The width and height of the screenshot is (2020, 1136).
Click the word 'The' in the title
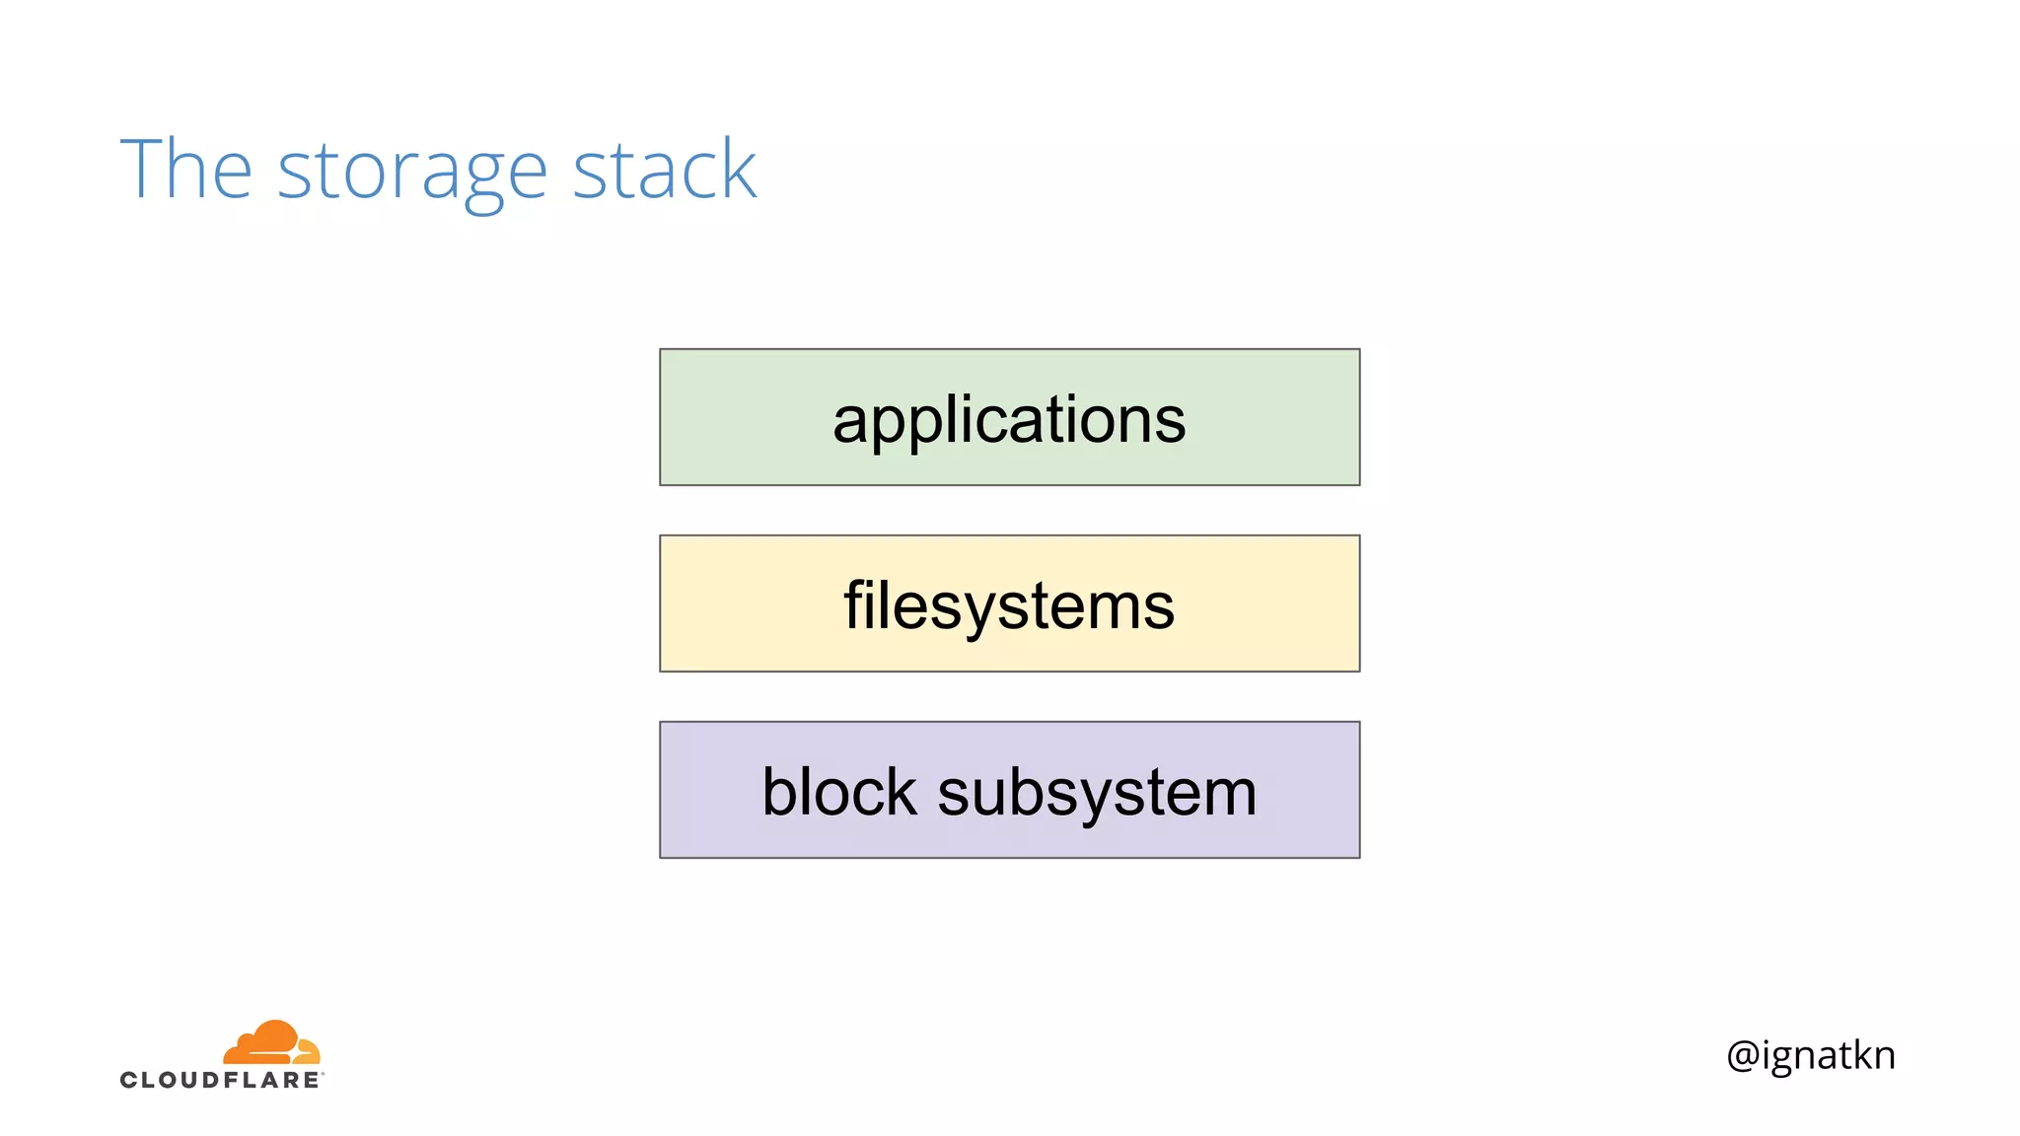[x=185, y=170]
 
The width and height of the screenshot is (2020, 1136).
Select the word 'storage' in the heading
[x=411, y=173]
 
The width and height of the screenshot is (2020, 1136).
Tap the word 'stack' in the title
[x=664, y=170]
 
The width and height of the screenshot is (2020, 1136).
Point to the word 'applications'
[x=1009, y=420]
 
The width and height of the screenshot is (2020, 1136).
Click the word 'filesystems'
[x=1009, y=605]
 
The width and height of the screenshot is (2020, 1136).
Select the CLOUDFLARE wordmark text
[x=220, y=1080]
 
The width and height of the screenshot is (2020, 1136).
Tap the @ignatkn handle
[x=1811, y=1055]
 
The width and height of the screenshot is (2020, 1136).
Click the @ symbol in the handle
[x=1743, y=1055]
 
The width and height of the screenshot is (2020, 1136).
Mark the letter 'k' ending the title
[x=737, y=170]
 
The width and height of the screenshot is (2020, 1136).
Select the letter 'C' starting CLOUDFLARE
[x=129, y=1080]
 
